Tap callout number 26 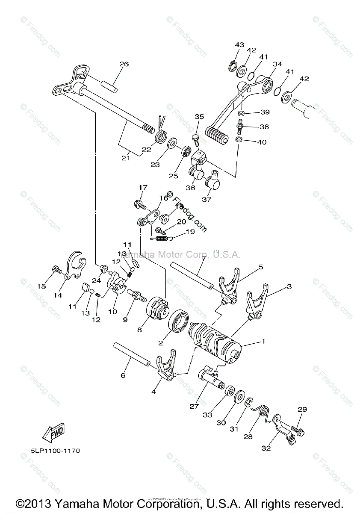pyautogui.click(x=124, y=65)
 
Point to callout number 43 pyautogui.click(x=239, y=45)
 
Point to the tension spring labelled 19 pyautogui.click(x=165, y=238)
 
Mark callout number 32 pyautogui.click(x=266, y=448)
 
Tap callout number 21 pyautogui.click(x=125, y=158)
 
